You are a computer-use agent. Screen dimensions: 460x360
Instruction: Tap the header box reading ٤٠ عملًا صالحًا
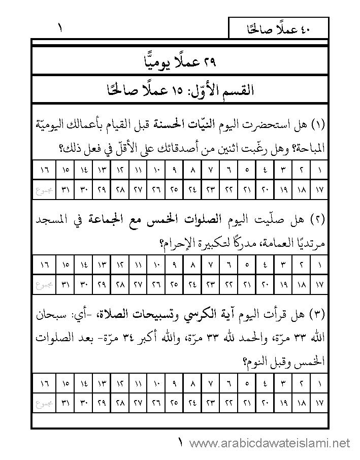(278, 29)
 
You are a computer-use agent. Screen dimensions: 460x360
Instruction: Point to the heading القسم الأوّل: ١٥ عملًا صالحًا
(180, 91)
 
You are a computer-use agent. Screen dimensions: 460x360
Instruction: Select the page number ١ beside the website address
(181, 443)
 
